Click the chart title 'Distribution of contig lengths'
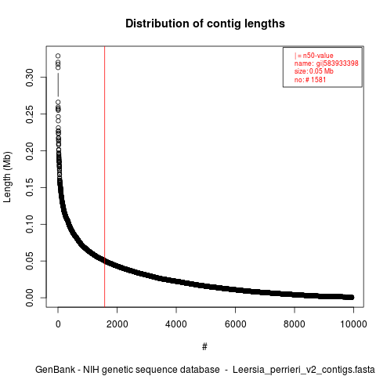(205, 23)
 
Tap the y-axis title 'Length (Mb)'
(7, 177)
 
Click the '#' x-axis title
(204, 347)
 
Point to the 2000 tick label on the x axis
(117, 324)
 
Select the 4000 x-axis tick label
(176, 324)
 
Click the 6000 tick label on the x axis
(235, 324)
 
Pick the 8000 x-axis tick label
(295, 324)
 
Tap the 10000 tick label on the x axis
(353, 324)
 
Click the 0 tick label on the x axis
(58, 324)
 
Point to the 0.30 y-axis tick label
(30, 78)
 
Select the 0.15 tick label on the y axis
(30, 187)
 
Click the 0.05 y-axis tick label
(30, 261)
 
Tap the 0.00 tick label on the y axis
(30, 298)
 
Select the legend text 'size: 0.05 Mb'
(314, 71)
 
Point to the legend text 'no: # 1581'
(310, 79)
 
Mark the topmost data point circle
(58, 56)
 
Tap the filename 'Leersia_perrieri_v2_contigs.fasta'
(304, 370)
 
